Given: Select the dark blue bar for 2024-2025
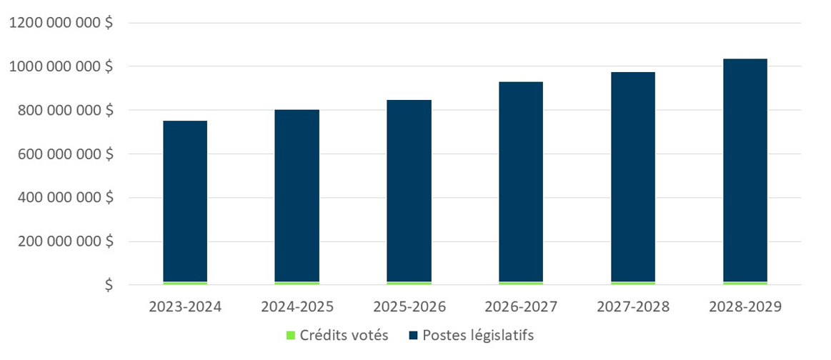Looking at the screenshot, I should (x=297, y=196).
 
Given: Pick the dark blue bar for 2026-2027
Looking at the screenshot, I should (x=521, y=182).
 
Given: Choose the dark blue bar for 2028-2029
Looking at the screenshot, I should (x=745, y=171).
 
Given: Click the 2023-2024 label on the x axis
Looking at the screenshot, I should (x=185, y=307).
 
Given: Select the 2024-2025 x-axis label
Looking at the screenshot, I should (x=297, y=307).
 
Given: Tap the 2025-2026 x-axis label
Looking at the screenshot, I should (x=409, y=307).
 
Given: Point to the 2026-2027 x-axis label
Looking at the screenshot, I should (x=521, y=307).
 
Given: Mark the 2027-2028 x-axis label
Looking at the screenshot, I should (x=633, y=307).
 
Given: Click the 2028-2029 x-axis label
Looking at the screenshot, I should (x=745, y=307).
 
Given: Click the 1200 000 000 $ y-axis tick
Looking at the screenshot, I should (x=60, y=23).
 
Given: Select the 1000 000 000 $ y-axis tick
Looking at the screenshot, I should (x=60, y=66).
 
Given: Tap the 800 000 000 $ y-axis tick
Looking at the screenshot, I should (x=65, y=110).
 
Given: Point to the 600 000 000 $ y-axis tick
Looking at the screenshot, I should (x=65, y=154).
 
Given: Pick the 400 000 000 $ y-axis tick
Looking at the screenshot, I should (x=65, y=198).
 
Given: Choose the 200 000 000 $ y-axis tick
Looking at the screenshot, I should (x=65, y=241).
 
